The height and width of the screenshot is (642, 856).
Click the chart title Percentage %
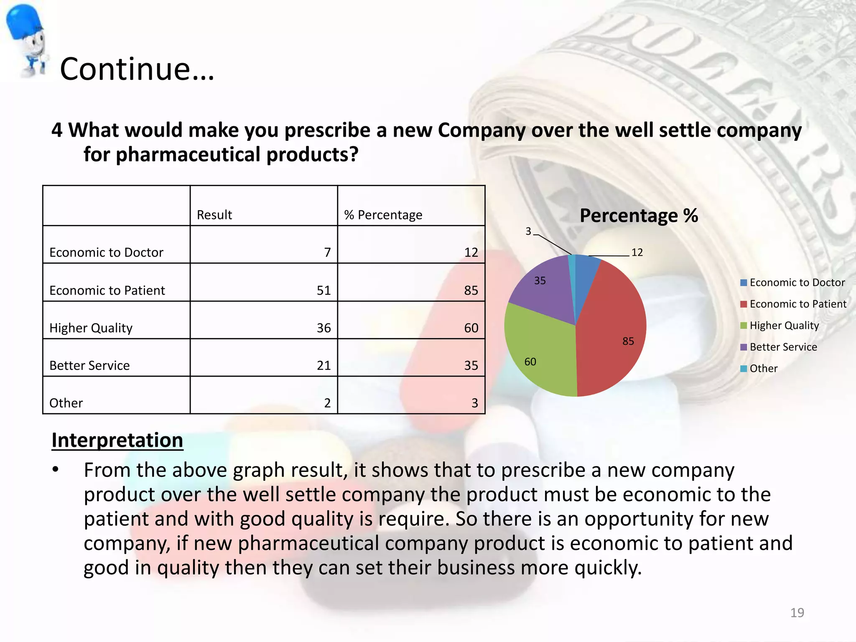(639, 216)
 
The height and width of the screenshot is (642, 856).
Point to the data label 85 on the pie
(628, 341)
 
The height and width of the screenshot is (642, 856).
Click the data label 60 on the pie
(530, 362)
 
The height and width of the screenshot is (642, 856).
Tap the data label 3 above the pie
(528, 231)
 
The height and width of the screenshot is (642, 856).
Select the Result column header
(214, 215)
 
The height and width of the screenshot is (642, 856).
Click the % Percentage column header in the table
(383, 215)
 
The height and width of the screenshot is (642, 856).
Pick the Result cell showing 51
(324, 290)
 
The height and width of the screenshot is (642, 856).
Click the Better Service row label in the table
(89, 366)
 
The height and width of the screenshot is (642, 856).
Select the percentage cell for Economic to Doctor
(471, 252)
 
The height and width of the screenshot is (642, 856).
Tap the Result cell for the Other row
(327, 403)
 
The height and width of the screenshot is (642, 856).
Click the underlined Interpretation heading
(117, 440)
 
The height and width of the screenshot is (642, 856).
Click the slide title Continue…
(137, 69)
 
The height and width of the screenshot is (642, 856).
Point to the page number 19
(797, 613)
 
